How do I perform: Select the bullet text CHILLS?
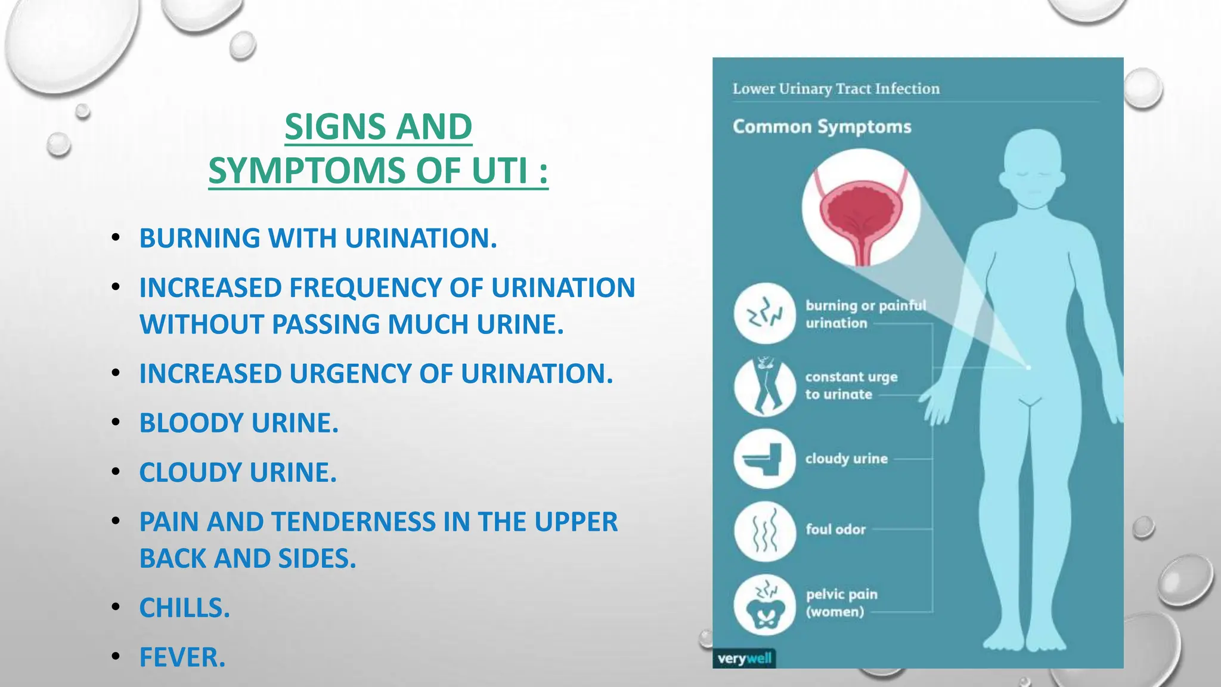tap(184, 608)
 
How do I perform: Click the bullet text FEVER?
tap(182, 658)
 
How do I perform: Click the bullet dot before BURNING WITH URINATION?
tap(116, 237)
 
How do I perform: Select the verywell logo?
tap(744, 659)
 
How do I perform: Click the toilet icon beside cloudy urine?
tap(764, 459)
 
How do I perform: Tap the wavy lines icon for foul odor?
tap(764, 531)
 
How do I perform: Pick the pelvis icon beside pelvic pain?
tap(764, 605)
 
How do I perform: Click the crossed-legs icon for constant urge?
tap(764, 386)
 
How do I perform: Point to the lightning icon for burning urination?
tap(764, 314)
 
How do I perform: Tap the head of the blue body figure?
tap(1034, 167)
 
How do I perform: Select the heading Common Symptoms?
tap(822, 127)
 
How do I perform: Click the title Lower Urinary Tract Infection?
tap(836, 89)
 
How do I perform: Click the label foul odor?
tap(835, 530)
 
